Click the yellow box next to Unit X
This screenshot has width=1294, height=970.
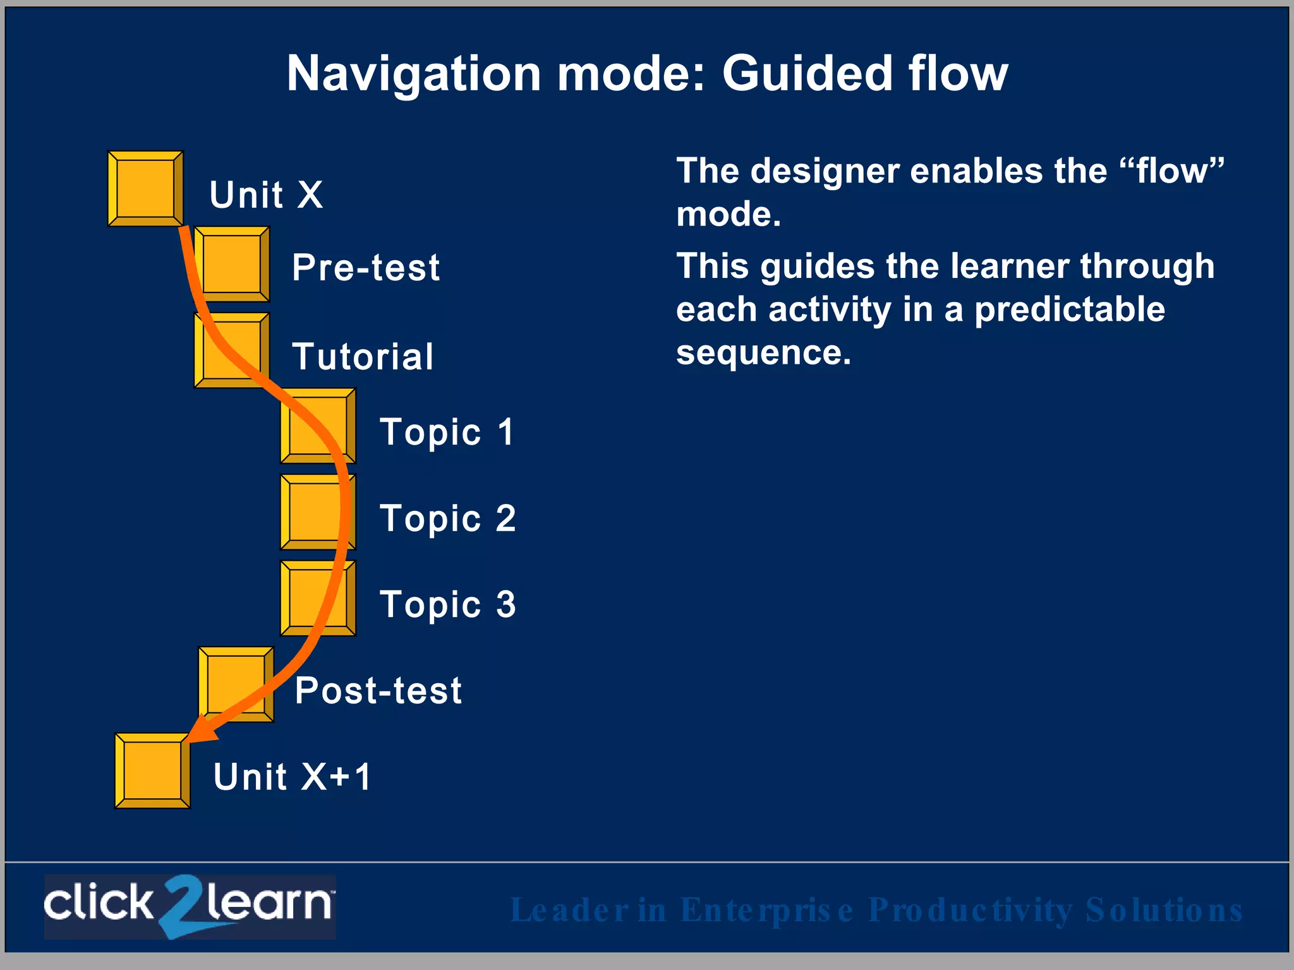click(145, 188)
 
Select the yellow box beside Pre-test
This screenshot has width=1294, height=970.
click(232, 264)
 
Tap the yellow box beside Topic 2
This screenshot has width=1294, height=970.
click(318, 512)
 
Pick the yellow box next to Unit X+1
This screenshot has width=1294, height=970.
click(152, 770)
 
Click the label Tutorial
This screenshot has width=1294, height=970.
click(363, 357)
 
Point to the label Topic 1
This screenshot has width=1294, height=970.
click(447, 433)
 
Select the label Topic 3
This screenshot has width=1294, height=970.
click(447, 605)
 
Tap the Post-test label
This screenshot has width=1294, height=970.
click(378, 690)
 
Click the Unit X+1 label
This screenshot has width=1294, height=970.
click(292, 777)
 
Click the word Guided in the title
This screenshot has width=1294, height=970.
click(807, 74)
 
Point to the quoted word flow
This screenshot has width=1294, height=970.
click(1172, 171)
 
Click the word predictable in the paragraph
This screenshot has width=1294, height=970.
click(1069, 309)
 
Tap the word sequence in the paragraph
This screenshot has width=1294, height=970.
click(763, 352)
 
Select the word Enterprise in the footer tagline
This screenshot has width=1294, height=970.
click(767, 910)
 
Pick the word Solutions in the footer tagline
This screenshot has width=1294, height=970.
click(1164, 910)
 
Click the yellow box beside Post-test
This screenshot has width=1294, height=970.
click(236, 685)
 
